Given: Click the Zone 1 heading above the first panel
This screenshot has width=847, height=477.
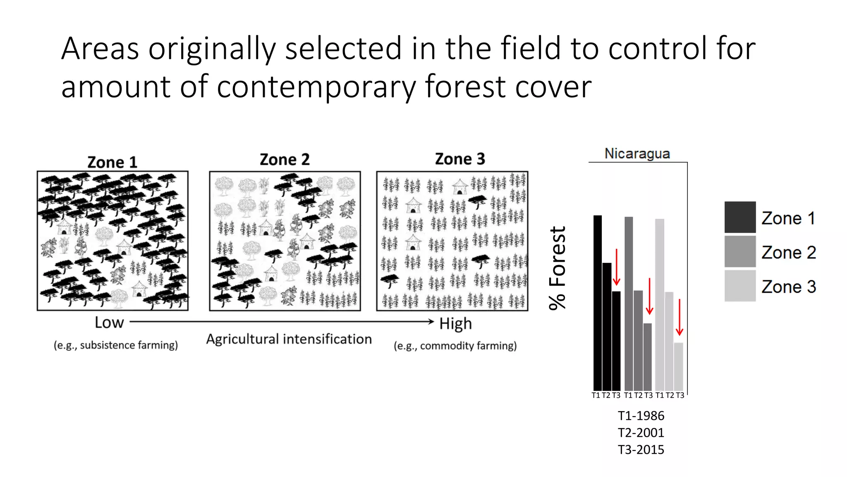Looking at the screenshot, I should tap(112, 162).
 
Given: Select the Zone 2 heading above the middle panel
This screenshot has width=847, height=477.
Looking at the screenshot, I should tap(285, 159).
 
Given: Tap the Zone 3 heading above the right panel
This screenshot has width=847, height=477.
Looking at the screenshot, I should tap(460, 159).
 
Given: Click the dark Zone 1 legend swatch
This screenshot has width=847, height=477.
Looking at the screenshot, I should tap(740, 217).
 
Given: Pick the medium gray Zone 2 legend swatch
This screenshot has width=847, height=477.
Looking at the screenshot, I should tap(740, 252).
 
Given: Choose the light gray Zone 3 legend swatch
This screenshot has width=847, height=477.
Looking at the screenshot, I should tap(740, 286).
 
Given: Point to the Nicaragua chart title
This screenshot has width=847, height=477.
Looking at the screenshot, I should tap(637, 153).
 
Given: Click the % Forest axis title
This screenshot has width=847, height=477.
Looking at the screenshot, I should tap(557, 268).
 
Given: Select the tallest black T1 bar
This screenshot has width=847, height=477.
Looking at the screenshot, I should tap(597, 302).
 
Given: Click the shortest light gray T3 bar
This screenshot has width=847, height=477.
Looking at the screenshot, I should tap(678, 366).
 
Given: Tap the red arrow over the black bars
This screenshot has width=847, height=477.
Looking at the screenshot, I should tap(616, 267).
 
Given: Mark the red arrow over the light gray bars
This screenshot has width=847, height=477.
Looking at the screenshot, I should tap(679, 317).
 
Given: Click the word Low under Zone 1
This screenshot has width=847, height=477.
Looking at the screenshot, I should tap(109, 323).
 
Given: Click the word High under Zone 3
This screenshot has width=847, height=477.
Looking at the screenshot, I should tap(455, 323).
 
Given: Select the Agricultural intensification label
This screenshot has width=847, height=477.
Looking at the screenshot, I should tap(289, 339).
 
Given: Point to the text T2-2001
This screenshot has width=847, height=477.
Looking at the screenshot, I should tap(641, 433).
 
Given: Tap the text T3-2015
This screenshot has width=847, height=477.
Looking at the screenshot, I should tap(641, 450).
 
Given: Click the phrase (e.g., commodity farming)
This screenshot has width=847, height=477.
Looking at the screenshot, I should tap(455, 346).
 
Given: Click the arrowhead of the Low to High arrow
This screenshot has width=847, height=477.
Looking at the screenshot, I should tap(431, 321).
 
